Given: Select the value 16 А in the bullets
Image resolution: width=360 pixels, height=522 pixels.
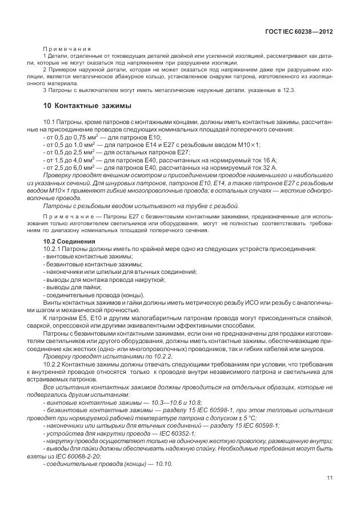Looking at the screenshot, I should (269, 161).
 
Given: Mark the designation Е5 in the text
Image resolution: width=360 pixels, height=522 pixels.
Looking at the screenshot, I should (79, 316).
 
